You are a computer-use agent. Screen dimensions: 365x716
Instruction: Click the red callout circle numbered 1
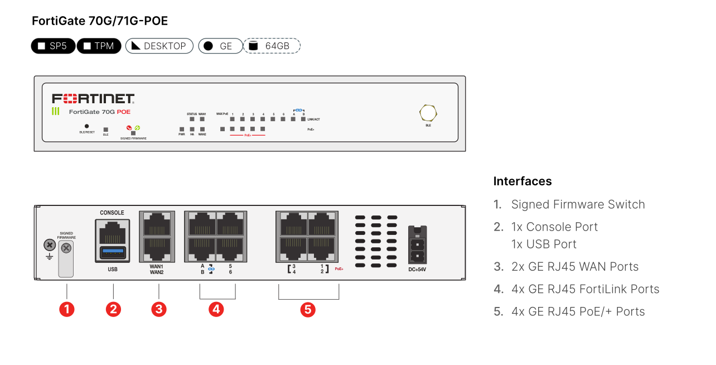tap(67, 309)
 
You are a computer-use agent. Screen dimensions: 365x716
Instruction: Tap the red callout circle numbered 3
tap(159, 309)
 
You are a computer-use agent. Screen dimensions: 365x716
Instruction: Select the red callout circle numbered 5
tap(308, 309)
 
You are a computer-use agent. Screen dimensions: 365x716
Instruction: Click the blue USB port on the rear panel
tap(113, 252)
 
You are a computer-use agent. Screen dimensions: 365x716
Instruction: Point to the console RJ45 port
tap(113, 230)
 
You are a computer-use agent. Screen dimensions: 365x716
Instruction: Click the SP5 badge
tap(53, 46)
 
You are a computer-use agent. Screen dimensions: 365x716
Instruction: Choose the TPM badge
tap(99, 46)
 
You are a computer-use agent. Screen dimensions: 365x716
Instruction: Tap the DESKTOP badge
tap(159, 46)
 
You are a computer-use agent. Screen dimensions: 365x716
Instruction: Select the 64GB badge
tap(272, 46)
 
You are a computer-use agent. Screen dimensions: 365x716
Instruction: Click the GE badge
tap(220, 46)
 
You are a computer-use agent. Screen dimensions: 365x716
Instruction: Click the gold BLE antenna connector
tap(428, 113)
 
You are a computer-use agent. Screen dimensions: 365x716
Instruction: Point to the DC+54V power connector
tap(418, 246)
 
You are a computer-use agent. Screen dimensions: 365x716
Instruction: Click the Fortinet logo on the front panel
tap(93, 99)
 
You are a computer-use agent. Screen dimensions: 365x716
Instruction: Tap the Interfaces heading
tap(523, 181)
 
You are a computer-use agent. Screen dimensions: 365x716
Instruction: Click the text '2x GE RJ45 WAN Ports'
tap(575, 267)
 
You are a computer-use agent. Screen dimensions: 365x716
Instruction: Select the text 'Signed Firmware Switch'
tap(578, 204)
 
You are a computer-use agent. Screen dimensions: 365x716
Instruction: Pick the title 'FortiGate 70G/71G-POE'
tap(100, 21)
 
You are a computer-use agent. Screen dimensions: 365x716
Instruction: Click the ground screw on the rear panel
tap(49, 244)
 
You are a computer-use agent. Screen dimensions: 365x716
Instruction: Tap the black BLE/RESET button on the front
tap(86, 127)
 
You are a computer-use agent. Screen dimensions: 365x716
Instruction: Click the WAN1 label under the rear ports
tap(157, 267)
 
